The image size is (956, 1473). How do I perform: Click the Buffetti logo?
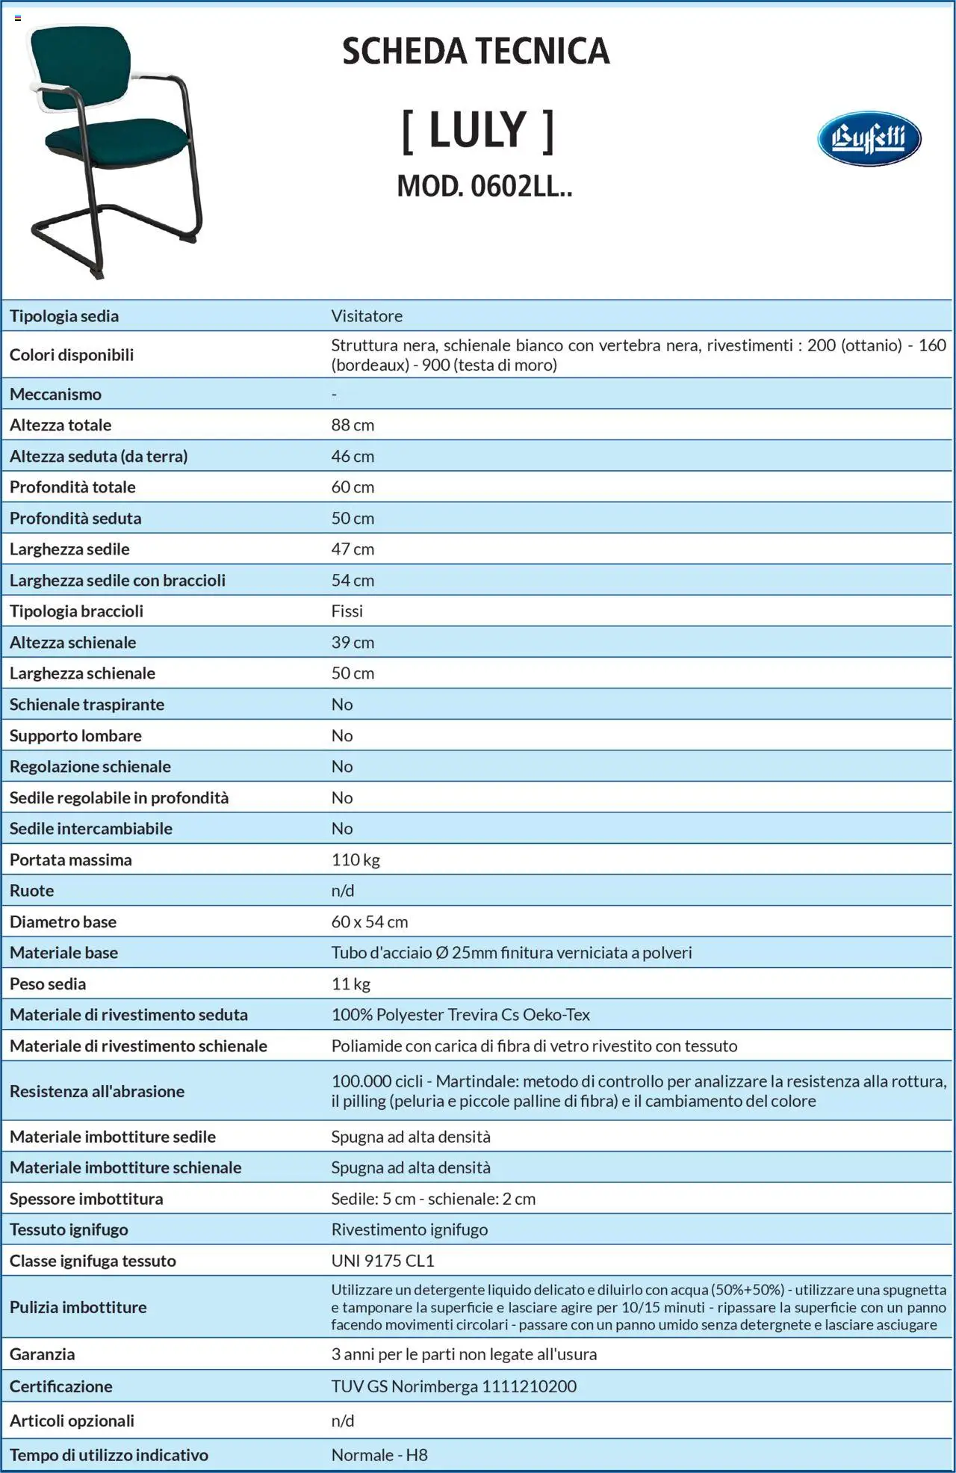coord(869,138)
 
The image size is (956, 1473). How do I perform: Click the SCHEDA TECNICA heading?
coord(476,52)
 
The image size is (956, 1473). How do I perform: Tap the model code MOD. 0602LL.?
coord(484,186)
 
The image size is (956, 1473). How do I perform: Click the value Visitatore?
coord(367,316)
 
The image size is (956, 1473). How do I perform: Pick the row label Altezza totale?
coord(60,425)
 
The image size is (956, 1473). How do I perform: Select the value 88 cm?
coord(353,425)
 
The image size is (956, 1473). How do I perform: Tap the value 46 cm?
coord(353,457)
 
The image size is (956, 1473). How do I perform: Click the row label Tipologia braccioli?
coord(76,611)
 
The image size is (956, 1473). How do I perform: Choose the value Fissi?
coord(347,611)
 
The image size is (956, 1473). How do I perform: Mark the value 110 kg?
coord(356,860)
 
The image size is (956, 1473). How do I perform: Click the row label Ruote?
coord(31,891)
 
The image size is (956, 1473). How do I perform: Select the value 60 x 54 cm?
coord(370,922)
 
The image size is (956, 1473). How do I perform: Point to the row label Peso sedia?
coord(48,984)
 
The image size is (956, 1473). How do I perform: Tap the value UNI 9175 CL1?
coord(382,1261)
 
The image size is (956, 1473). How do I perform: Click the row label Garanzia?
coord(42,1354)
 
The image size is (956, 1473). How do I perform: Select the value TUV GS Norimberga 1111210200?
coord(454,1386)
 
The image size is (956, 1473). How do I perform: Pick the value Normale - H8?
coord(379,1455)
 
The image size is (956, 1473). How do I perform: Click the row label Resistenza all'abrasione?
coord(97,1091)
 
